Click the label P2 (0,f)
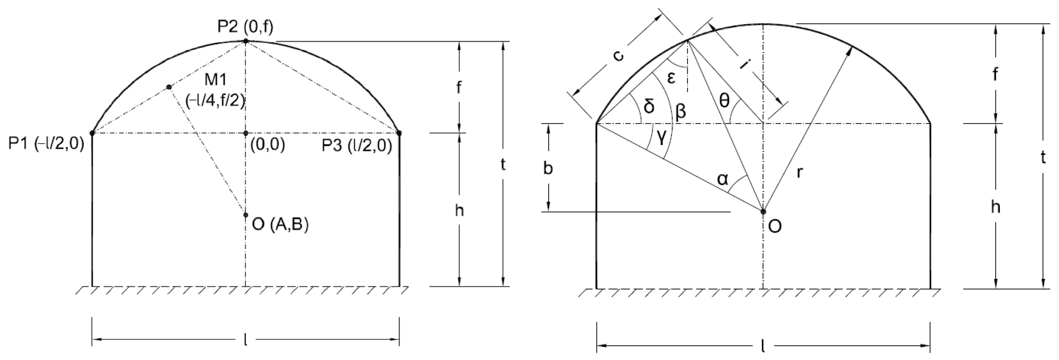coord(245,27)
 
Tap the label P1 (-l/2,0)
coord(46,144)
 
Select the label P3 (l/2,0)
coord(357,145)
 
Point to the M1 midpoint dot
coord(169,87)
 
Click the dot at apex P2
coord(245,41)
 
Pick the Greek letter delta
coord(649,106)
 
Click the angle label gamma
coord(661,139)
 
